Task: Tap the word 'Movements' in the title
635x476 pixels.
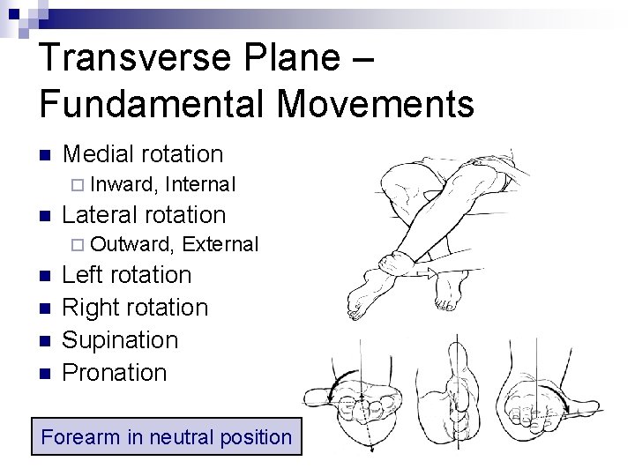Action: click(375, 103)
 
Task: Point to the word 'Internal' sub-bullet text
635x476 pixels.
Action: click(200, 184)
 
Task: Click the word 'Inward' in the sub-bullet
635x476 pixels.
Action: click(123, 184)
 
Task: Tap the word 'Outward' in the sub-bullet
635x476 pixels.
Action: click(132, 244)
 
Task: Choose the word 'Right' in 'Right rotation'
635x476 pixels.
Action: click(89, 308)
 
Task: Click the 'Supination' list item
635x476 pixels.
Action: click(121, 340)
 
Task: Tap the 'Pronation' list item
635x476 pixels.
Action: click(115, 373)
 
